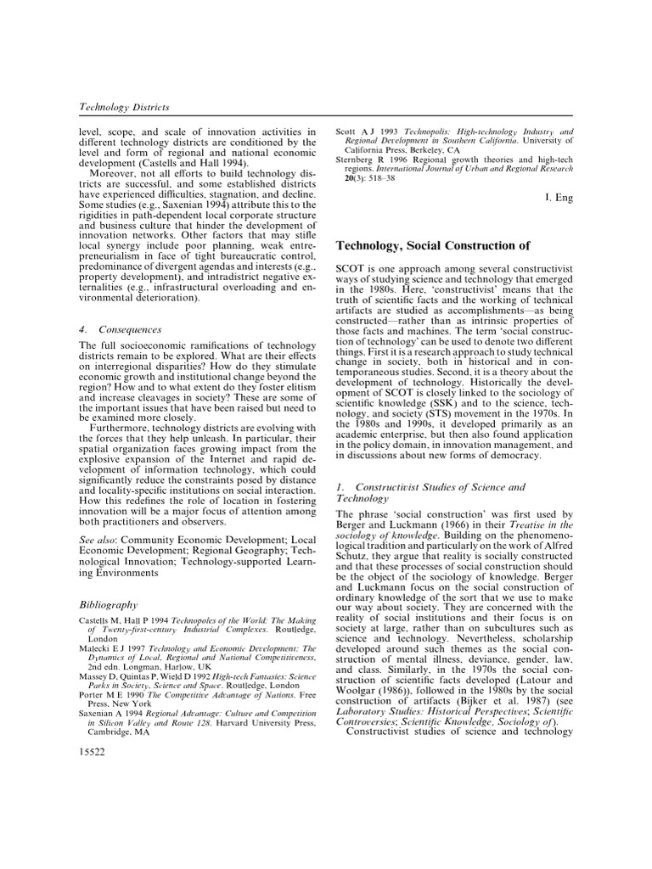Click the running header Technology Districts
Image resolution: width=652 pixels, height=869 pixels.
(124, 108)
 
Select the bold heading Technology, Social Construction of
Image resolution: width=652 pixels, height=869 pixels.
(434, 246)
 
